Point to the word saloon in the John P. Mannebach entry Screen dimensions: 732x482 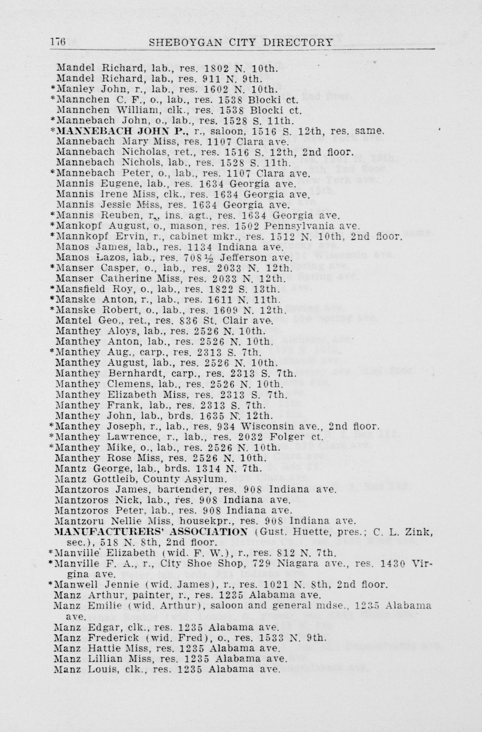(214, 131)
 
